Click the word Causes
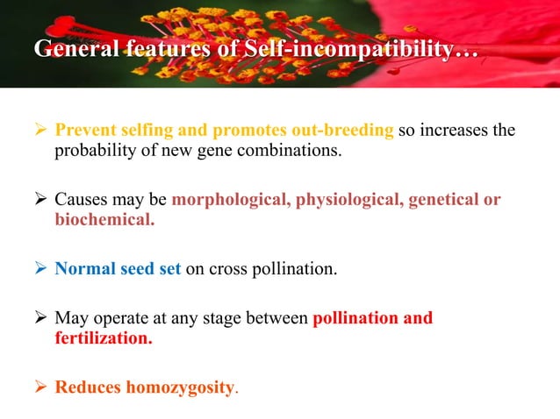pos(82,199)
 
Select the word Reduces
pos(88,385)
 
